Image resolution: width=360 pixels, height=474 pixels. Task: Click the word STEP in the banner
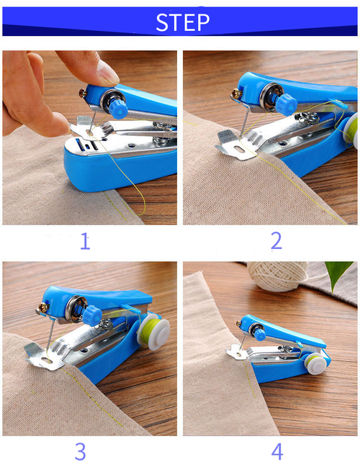pos(183,22)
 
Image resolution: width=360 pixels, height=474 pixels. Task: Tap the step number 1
pos(85,241)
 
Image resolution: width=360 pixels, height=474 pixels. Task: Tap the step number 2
pos(276,241)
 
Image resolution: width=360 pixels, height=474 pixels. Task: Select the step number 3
pos(80,451)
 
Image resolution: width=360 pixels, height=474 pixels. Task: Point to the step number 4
pos(276,451)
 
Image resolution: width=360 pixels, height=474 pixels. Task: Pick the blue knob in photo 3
pos(91,316)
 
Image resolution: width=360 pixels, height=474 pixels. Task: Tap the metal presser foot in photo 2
pos(235,147)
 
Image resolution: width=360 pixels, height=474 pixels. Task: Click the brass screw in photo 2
pos(235,94)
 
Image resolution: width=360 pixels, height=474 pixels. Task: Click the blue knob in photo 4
pos(259,334)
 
